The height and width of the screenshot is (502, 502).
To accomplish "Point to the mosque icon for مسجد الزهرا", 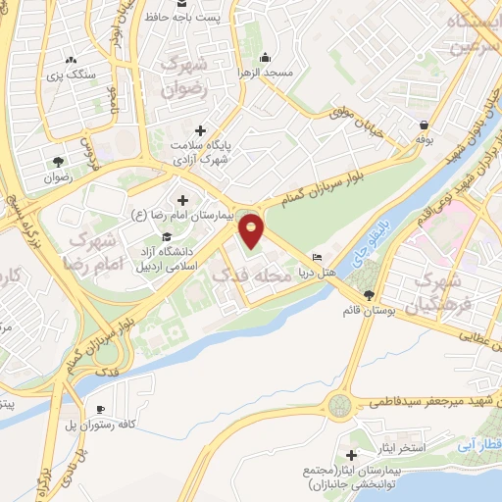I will coord(269,56).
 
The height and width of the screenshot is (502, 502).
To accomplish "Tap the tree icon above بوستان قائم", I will coord(369,295).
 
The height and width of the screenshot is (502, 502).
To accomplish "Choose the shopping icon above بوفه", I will coord(423,125).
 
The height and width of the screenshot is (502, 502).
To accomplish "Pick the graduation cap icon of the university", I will coord(166,236).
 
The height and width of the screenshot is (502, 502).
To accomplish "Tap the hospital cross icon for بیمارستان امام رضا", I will coord(183,200).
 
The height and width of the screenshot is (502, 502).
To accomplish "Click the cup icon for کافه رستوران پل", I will coord(100,410).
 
